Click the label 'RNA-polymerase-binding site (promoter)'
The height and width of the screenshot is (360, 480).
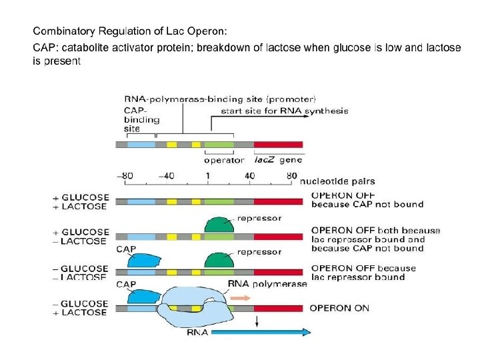(x=220, y=100)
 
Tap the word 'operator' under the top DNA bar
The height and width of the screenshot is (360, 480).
(x=223, y=160)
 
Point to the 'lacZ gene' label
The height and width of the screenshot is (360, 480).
(x=279, y=160)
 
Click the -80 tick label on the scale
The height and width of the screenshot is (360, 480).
(x=125, y=176)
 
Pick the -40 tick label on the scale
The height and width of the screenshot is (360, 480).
(x=167, y=176)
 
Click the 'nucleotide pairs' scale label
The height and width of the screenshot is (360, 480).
(x=337, y=181)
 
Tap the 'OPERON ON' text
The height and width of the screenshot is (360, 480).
(x=339, y=308)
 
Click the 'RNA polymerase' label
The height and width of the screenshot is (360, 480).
(x=267, y=283)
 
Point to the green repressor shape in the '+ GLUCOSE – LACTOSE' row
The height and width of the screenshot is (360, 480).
(x=221, y=225)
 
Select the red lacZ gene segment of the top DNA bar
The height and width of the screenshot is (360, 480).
(x=278, y=145)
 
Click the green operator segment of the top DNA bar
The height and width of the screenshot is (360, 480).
(x=219, y=145)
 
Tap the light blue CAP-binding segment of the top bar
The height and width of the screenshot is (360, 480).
(x=141, y=145)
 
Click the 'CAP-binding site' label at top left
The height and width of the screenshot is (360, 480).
(x=141, y=119)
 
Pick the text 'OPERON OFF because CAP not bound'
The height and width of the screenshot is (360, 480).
(x=367, y=199)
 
